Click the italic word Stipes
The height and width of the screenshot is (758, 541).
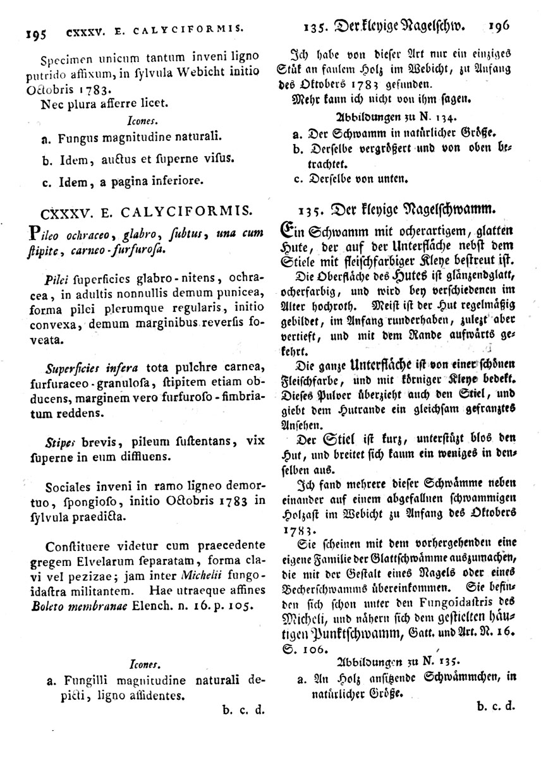click(61, 442)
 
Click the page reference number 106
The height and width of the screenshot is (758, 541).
click(316, 649)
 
